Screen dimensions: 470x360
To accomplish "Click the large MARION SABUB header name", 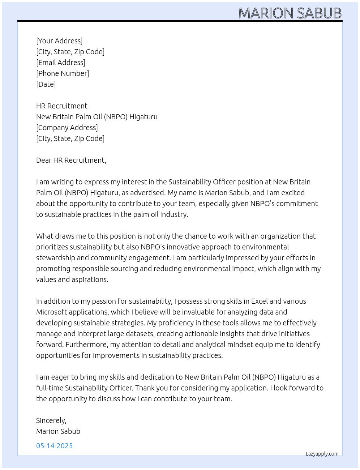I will pyautogui.click(x=290, y=13).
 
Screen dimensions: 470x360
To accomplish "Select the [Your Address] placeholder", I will pyautogui.click(x=59, y=41).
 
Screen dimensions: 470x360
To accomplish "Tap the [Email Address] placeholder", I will pyautogui.click(x=61, y=63).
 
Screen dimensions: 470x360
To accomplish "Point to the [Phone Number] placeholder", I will pyautogui.click(x=63, y=73).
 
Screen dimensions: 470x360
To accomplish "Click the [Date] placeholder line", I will pyautogui.click(x=46, y=84).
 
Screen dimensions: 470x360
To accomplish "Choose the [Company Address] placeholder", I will pyautogui.click(x=67, y=128).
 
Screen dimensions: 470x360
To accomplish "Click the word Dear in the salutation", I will pyautogui.click(x=44, y=160).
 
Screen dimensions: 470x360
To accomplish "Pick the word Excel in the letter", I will pyautogui.click(x=259, y=301).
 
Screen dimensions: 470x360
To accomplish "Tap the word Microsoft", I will pyautogui.click(x=52, y=312).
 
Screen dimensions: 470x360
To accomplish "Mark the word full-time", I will pyautogui.click(x=50, y=388).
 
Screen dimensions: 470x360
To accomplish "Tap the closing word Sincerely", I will pyautogui.click(x=51, y=420).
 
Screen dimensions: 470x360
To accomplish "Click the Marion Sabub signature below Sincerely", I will pyautogui.click(x=58, y=431).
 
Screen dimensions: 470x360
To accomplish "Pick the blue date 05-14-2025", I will pyautogui.click(x=54, y=446).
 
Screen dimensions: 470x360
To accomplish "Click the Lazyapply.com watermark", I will pyautogui.click(x=322, y=454).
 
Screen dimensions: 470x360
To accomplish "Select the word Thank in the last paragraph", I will pyautogui.click(x=145, y=388).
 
